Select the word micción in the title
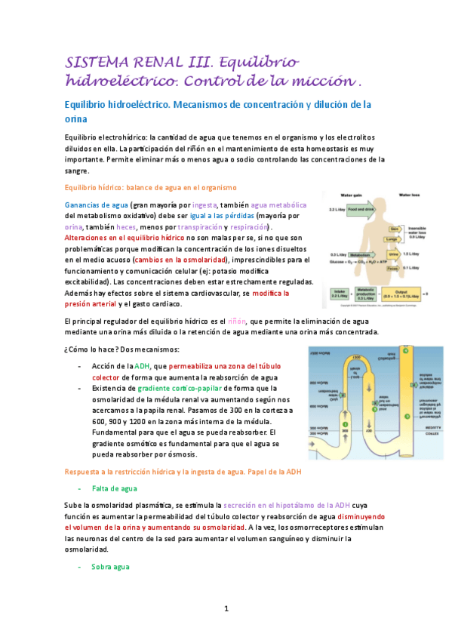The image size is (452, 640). [325, 79]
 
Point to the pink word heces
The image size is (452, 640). [127, 227]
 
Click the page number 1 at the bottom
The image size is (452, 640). [226, 608]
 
